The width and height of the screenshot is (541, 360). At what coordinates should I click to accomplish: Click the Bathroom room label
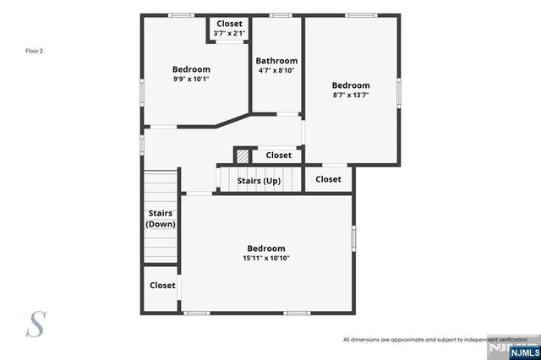pos(277,61)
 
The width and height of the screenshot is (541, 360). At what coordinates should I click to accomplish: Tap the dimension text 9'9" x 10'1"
pos(191,79)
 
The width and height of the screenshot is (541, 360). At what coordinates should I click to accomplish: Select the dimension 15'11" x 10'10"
pos(265,258)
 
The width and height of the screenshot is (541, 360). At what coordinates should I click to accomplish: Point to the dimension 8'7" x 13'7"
pos(350,95)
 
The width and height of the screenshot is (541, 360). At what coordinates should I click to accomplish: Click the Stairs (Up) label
pos(259,181)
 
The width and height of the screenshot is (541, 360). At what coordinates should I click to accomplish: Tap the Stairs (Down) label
pos(161,219)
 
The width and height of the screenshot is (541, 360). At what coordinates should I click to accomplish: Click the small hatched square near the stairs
pos(243,156)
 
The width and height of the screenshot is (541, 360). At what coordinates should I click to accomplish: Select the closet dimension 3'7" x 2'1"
pos(229,34)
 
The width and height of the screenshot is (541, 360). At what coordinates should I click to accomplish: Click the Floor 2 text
pos(34,51)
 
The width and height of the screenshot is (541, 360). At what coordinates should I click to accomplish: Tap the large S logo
pos(36,324)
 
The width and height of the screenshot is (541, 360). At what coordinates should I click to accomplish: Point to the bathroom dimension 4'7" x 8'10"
pos(277,71)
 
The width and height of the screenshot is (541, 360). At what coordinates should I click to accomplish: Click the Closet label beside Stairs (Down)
pos(162,286)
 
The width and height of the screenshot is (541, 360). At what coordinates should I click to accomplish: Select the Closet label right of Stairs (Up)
pos(328,179)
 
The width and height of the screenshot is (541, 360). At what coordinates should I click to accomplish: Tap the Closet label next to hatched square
pos(278,155)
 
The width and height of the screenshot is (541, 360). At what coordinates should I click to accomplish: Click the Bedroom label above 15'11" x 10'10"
pos(265,248)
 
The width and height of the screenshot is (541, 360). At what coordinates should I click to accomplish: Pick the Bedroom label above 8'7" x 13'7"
pos(350,85)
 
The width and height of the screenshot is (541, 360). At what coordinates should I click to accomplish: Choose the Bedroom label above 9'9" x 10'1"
pos(191,69)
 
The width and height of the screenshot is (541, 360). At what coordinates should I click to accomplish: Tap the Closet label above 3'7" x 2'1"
pos(229,24)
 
